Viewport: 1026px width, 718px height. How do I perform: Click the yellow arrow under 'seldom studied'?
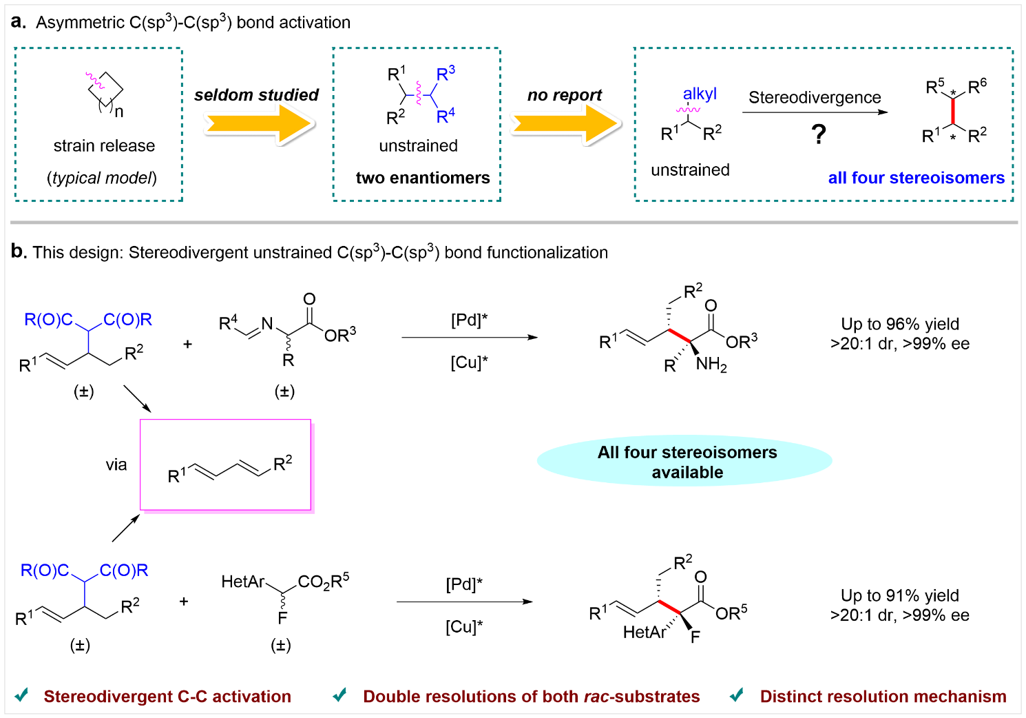[x=258, y=125]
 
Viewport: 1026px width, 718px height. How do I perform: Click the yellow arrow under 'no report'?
[x=565, y=125]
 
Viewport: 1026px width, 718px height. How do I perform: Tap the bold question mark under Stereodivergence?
[x=818, y=134]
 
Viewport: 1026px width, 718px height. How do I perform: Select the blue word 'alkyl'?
[x=700, y=94]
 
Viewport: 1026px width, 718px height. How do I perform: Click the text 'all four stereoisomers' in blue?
[x=916, y=178]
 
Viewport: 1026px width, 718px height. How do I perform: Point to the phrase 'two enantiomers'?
[x=423, y=178]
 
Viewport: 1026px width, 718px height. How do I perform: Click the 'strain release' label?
[x=104, y=146]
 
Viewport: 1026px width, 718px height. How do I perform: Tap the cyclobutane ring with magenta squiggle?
[x=105, y=88]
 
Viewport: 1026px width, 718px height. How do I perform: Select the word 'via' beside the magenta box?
[x=116, y=465]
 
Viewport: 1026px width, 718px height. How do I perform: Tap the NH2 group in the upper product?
[x=711, y=365]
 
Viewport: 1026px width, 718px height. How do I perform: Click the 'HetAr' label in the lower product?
[x=644, y=633]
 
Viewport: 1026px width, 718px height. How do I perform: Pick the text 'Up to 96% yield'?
[x=900, y=324]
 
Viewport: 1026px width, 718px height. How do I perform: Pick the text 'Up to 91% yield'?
[x=899, y=595]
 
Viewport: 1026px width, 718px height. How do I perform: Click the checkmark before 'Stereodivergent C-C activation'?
[x=22, y=695]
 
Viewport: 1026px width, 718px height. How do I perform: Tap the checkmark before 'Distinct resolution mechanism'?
[x=736, y=695]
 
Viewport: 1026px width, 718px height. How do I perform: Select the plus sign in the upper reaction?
[x=187, y=344]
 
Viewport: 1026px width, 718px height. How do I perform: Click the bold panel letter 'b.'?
[x=19, y=252]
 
